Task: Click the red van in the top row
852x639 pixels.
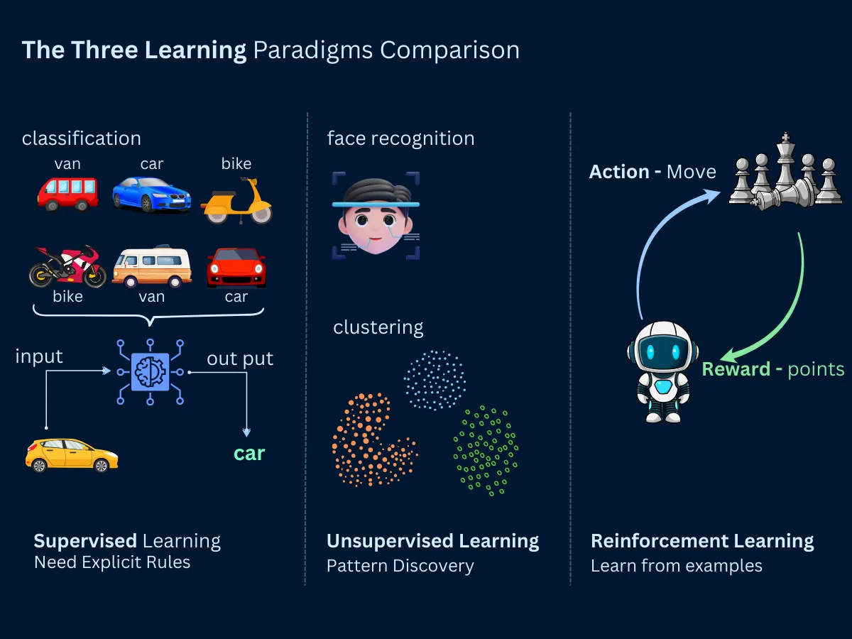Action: [x=67, y=194]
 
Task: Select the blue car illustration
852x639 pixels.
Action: [x=151, y=194]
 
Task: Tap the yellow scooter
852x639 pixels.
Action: [x=236, y=202]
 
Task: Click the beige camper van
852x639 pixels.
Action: [x=152, y=267]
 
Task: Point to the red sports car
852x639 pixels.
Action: [x=236, y=268]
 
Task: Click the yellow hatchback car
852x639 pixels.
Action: [x=72, y=455]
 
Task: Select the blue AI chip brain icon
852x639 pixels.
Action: [x=150, y=371]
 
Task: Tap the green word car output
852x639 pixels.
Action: [x=249, y=454]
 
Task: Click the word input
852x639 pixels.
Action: [x=39, y=356]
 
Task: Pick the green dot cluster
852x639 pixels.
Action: [x=486, y=450]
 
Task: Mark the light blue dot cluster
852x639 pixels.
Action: [x=435, y=381]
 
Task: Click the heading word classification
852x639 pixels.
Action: [x=82, y=138]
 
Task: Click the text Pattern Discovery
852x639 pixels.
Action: [x=400, y=566]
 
